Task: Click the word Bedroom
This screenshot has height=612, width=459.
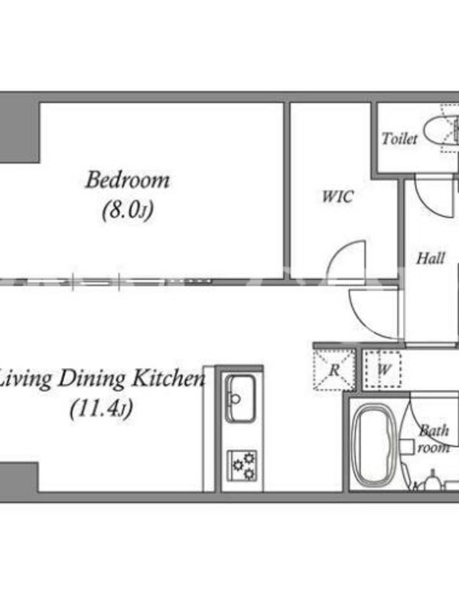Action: click(x=128, y=181)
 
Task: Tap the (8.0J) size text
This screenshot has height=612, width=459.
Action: click(x=128, y=211)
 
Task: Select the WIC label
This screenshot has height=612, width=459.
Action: click(x=338, y=197)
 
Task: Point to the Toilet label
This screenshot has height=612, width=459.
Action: click(x=399, y=138)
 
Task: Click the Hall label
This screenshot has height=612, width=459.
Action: click(x=431, y=259)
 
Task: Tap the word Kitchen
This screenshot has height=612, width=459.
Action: click(x=168, y=379)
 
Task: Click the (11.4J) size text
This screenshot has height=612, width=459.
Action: click(x=102, y=409)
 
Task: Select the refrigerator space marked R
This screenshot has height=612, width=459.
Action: click(x=334, y=370)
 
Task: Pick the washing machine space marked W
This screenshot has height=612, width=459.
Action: click(x=383, y=370)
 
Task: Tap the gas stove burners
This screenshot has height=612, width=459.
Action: click(x=243, y=466)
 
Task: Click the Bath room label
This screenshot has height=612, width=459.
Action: click(x=434, y=439)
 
